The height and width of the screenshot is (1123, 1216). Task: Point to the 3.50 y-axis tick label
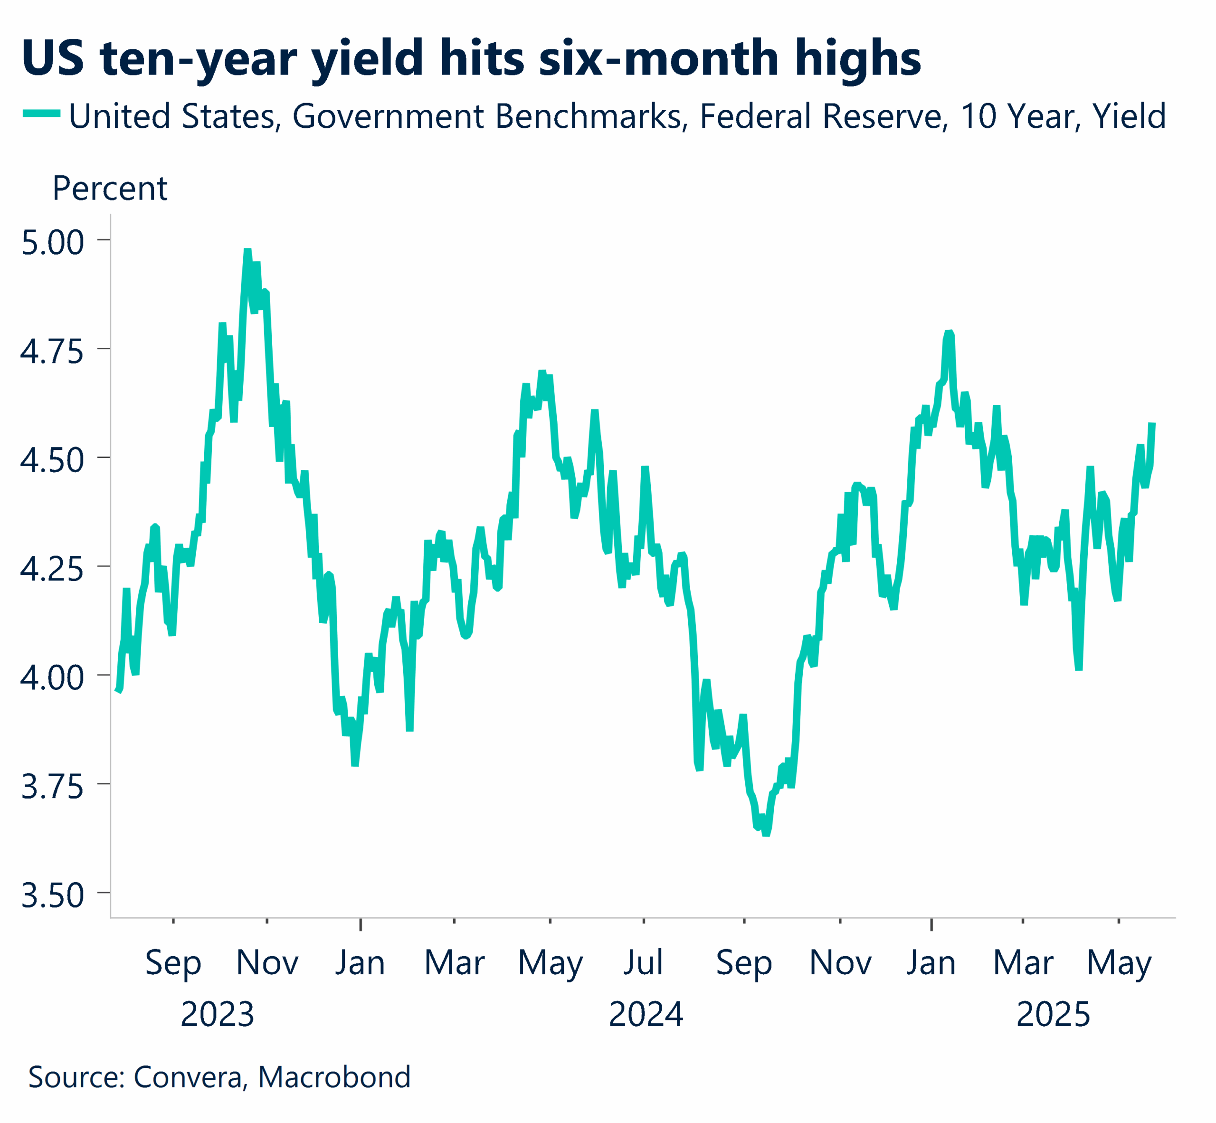[52, 896]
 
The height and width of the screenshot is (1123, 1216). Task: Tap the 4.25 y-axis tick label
[52, 570]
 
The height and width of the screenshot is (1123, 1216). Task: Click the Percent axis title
[109, 189]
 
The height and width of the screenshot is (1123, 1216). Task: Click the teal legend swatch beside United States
[41, 114]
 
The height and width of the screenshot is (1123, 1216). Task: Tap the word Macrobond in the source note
[334, 1076]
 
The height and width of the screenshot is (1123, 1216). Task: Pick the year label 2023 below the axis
[217, 1014]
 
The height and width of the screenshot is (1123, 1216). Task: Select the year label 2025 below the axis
[1053, 1014]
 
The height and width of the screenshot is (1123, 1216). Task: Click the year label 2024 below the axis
[646, 1014]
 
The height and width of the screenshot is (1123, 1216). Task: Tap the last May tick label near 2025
[1119, 964]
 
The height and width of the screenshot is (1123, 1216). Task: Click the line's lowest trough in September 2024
[766, 834]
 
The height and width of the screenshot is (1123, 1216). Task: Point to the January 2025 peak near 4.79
[949, 333]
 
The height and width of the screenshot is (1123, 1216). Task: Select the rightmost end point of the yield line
[1151, 424]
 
